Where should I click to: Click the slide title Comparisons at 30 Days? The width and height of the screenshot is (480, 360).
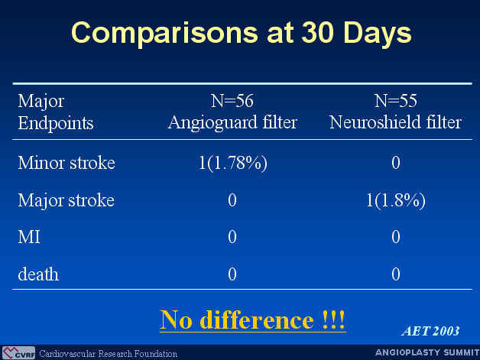(242, 33)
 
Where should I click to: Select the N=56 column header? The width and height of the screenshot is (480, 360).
(232, 101)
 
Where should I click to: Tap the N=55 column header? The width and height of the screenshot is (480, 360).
(395, 101)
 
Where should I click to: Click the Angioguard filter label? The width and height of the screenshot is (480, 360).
(232, 123)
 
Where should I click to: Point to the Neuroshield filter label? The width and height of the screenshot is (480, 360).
(395, 122)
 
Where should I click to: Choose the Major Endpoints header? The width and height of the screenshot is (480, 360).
(55, 112)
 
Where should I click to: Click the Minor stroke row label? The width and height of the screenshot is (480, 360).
(66, 163)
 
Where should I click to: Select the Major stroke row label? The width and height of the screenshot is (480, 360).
(66, 201)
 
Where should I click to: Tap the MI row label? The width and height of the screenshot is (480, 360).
(29, 237)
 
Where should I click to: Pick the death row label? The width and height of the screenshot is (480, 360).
(38, 274)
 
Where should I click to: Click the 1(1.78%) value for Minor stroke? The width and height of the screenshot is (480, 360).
(232, 163)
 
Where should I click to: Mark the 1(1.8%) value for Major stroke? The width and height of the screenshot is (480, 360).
(396, 200)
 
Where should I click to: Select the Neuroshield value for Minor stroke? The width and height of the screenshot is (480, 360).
(396, 163)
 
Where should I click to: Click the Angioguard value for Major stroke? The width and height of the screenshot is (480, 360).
(232, 200)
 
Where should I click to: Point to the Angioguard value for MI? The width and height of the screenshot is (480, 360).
(232, 237)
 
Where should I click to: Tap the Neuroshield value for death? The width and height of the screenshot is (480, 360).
(396, 274)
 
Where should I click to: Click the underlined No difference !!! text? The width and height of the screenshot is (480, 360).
(252, 320)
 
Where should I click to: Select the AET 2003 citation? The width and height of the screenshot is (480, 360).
(431, 331)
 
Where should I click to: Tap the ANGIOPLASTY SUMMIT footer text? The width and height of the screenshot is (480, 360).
(427, 352)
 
